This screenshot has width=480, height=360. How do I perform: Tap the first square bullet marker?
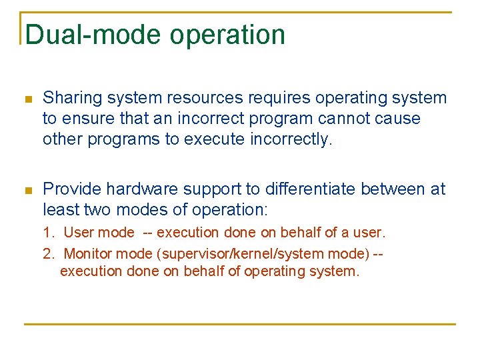[x=27, y=99]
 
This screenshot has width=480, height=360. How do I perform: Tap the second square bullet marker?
[x=27, y=191]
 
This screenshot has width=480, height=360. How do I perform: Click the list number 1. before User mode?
[x=48, y=233]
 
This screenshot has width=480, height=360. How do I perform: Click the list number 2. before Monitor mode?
[x=48, y=253]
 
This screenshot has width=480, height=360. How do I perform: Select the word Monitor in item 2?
[x=87, y=253]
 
